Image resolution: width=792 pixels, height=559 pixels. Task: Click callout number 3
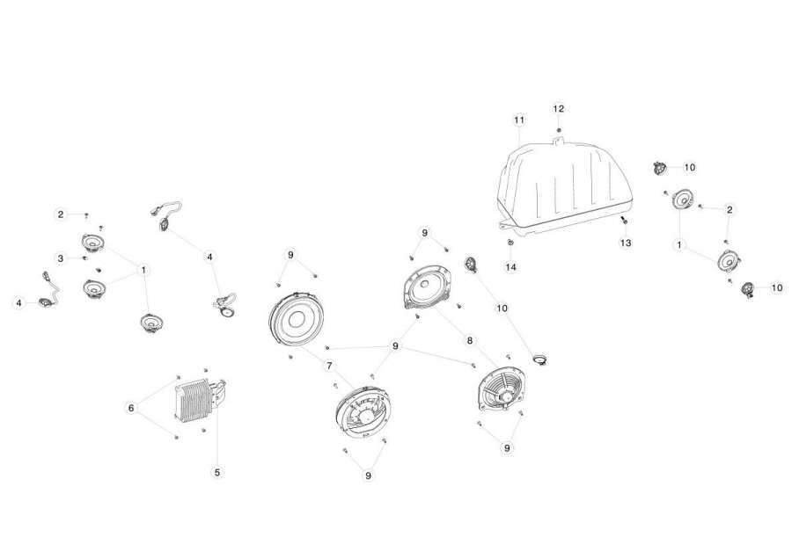61,258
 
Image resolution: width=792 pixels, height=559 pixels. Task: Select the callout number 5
217,472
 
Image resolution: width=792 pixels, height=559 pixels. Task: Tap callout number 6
131,408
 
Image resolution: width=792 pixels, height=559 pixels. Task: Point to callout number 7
329,366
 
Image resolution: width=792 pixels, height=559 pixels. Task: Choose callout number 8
470,341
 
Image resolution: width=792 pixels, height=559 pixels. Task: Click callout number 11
519,120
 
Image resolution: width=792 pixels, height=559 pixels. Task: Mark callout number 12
558,109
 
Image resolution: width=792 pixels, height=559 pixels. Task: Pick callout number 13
626,243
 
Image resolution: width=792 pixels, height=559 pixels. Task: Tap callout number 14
511,266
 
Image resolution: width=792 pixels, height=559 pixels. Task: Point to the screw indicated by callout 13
624,221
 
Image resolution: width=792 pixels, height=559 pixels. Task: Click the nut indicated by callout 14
510,243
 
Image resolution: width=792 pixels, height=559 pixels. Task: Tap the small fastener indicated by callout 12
558,130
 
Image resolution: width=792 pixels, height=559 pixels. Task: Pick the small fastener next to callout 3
84,258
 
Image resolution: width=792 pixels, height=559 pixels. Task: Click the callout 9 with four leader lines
395,346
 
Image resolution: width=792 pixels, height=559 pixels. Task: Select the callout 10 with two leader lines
502,308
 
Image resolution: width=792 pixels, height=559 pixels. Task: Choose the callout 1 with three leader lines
143,270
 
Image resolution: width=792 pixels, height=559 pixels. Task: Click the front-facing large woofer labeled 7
296,320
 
